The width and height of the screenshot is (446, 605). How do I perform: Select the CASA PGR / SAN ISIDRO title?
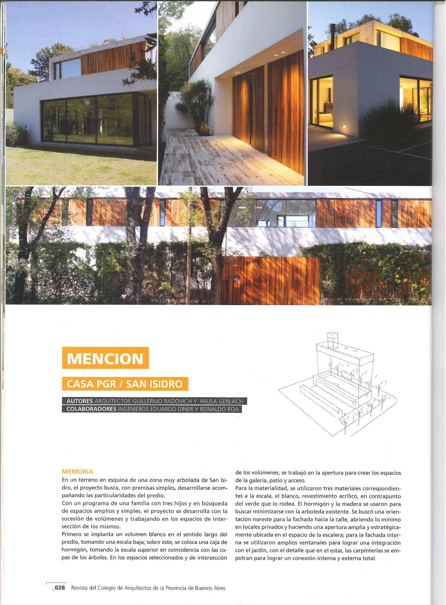(125, 384)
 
